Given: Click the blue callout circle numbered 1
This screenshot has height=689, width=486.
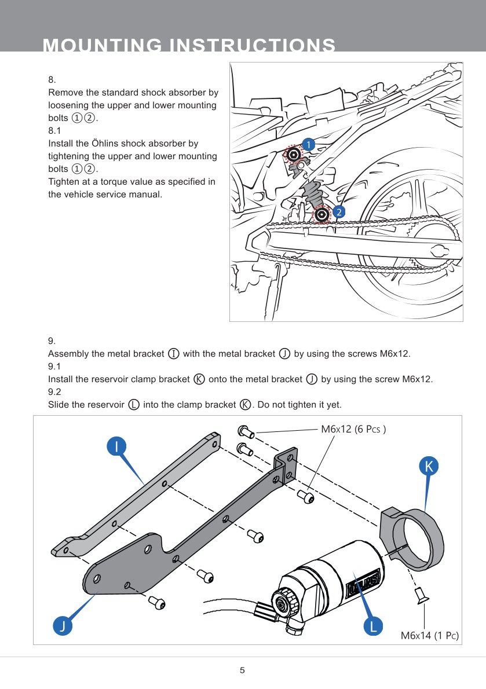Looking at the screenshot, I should [x=309, y=144].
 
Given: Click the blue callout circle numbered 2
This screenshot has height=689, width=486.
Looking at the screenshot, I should [x=339, y=212].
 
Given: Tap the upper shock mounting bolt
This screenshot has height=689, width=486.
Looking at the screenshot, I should [x=294, y=154].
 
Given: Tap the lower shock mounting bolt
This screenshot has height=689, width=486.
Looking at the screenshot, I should [x=321, y=215].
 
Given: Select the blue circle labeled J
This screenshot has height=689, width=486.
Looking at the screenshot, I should [x=63, y=625].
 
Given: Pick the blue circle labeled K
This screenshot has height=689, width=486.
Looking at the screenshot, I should [x=428, y=466].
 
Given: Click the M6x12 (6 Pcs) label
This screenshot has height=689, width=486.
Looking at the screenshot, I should [x=353, y=430].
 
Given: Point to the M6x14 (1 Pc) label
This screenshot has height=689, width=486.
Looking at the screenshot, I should [x=429, y=636].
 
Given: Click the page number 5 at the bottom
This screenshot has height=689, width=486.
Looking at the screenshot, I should [x=243, y=671].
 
